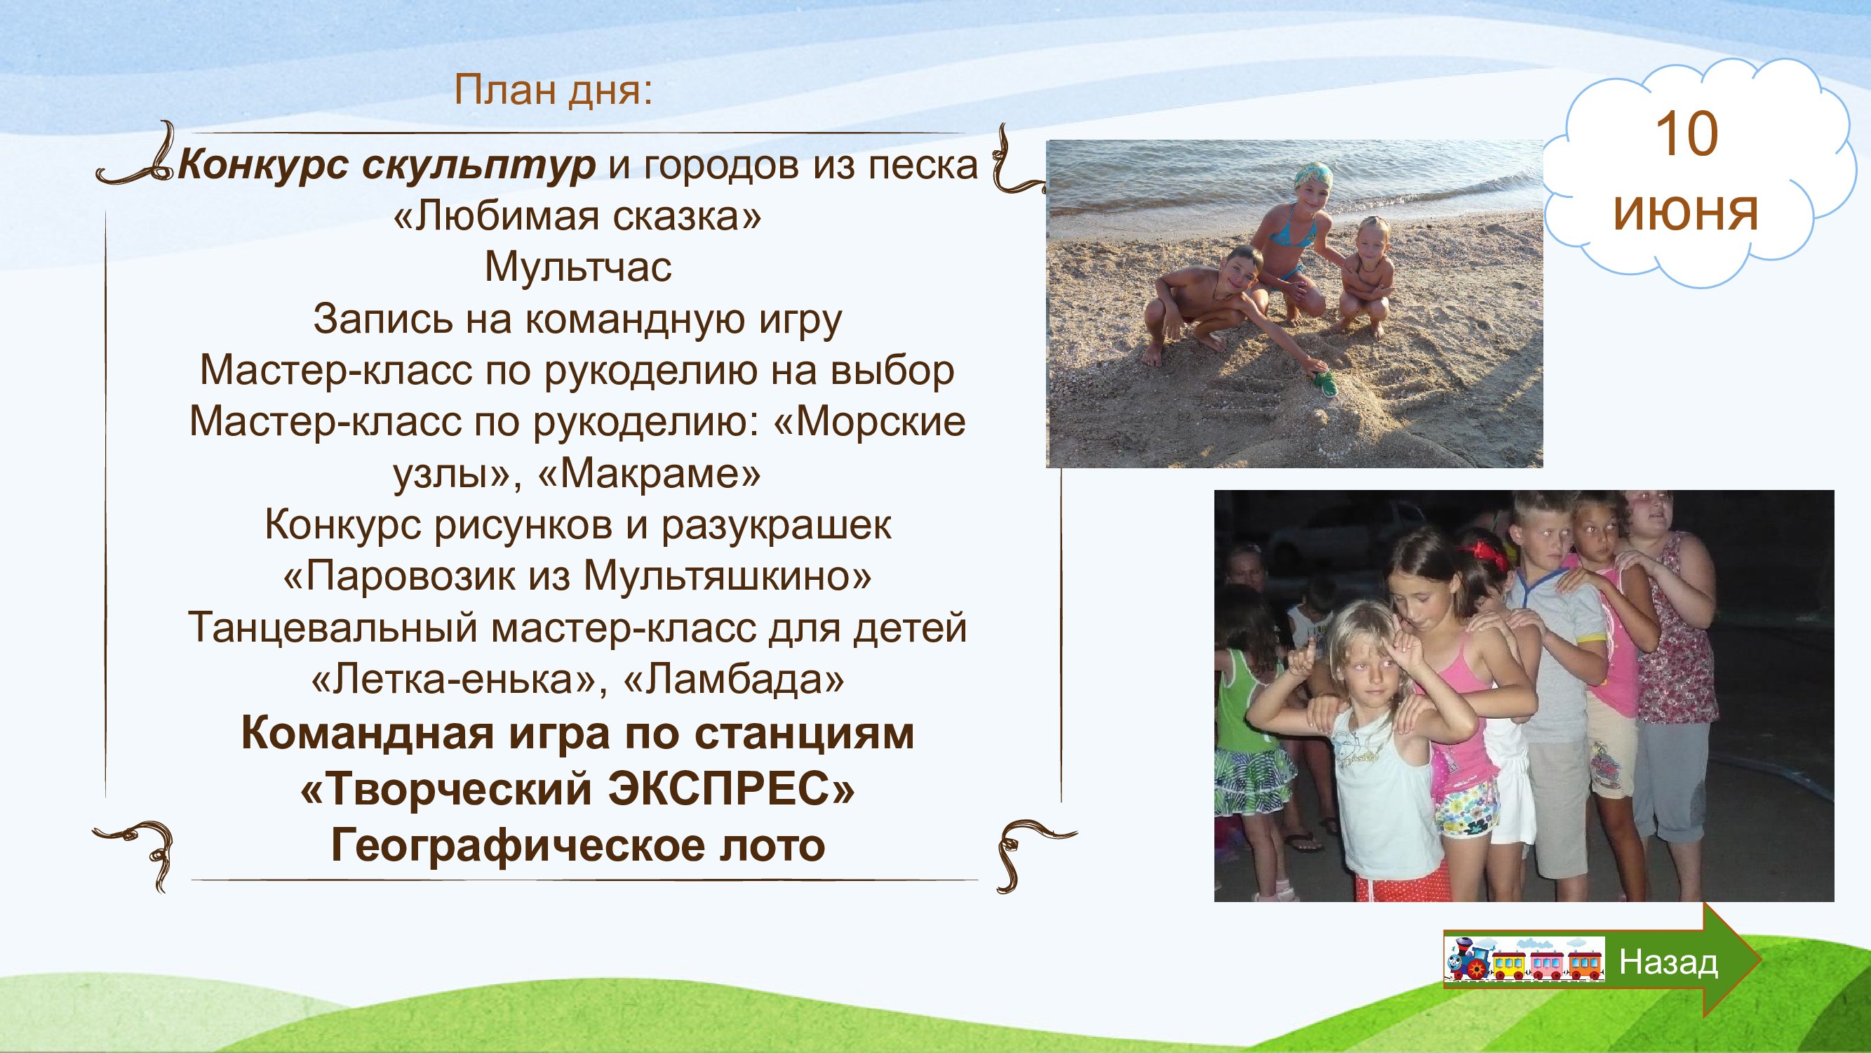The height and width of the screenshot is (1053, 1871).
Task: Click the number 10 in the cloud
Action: click(1686, 135)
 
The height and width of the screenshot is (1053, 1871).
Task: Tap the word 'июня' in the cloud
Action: click(1685, 212)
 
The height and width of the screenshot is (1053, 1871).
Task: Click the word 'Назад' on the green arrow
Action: click(1668, 962)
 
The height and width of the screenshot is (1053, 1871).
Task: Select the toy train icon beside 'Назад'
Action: click(1523, 960)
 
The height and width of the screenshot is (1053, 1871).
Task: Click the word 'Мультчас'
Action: click(578, 267)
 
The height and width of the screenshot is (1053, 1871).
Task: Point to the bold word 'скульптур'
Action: click(478, 166)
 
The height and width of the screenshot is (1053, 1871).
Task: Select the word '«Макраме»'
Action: click(650, 474)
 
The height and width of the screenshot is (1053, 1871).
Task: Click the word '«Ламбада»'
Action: click(734, 680)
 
